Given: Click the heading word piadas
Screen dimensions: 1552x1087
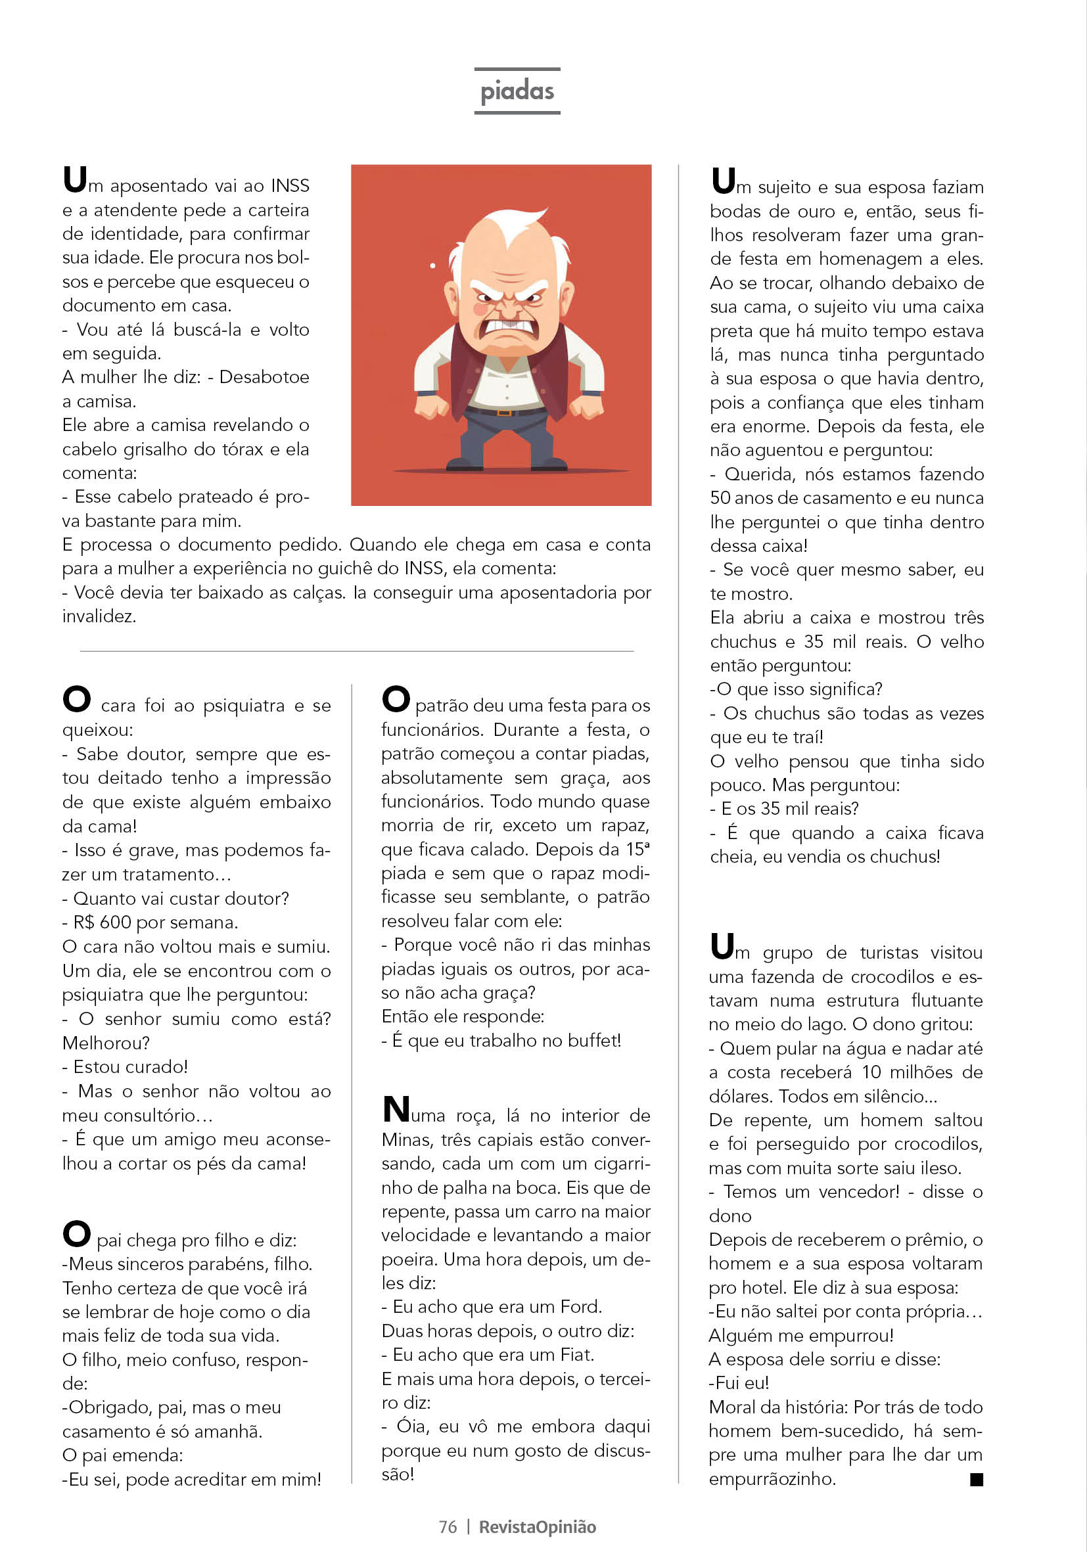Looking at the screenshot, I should [517, 91].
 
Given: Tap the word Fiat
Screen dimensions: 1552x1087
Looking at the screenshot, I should [576, 1355].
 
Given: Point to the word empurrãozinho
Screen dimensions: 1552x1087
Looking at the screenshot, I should [772, 1478].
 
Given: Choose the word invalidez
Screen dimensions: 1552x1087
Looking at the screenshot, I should [99, 616].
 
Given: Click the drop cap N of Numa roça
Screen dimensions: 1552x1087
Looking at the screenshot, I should [396, 1110].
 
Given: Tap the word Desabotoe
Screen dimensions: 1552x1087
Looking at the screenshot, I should [264, 377].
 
